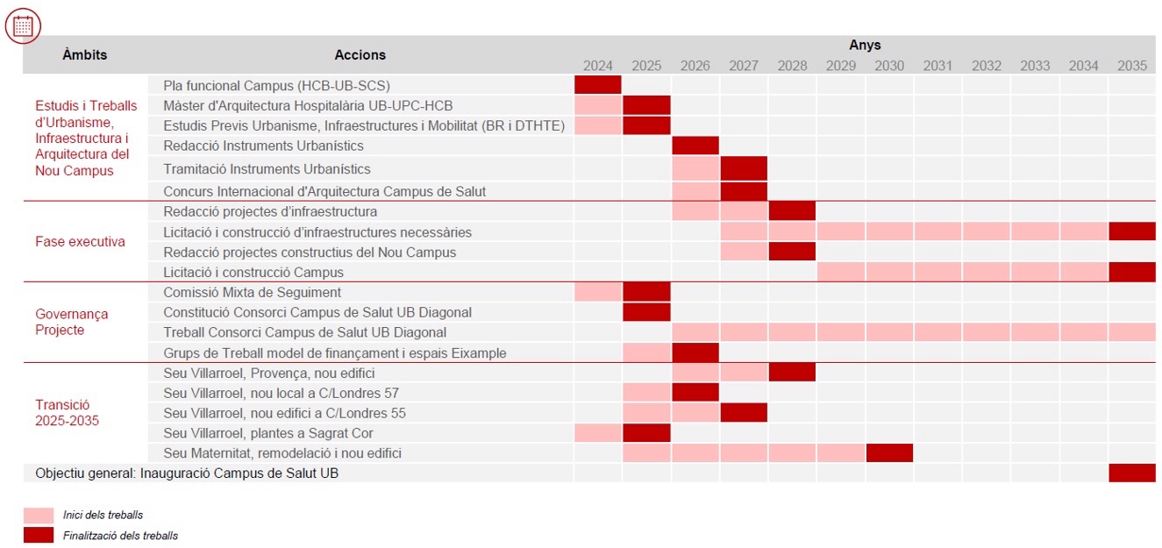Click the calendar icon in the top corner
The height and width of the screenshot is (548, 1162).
tap(23, 25)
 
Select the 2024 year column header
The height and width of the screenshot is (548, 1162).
tap(598, 66)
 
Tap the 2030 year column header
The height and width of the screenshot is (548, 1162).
tap(889, 66)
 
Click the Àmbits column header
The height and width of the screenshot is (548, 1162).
tap(85, 54)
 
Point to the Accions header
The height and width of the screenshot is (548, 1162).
tap(360, 54)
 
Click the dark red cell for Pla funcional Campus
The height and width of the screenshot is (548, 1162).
tap(598, 85)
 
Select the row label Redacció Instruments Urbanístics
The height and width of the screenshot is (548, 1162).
tap(263, 146)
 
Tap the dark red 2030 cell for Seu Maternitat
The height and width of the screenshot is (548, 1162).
tap(889, 453)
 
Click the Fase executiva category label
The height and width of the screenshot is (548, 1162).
tap(80, 242)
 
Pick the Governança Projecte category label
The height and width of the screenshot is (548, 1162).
tap(72, 322)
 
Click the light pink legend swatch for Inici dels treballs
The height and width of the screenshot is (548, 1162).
tap(39, 515)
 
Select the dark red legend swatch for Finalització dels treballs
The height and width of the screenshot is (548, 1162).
tap(39, 535)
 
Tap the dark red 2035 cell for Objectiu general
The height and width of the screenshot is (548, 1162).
tap(1132, 473)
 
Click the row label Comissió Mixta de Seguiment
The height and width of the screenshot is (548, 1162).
tap(253, 292)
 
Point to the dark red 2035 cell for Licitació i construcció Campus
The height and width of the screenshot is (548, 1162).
tap(1132, 272)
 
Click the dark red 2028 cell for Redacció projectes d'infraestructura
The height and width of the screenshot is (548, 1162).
tap(792, 211)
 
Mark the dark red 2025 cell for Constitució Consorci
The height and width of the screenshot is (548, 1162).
tap(646, 312)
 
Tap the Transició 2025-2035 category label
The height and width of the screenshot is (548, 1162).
tap(67, 412)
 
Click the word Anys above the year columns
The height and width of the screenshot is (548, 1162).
tap(865, 45)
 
